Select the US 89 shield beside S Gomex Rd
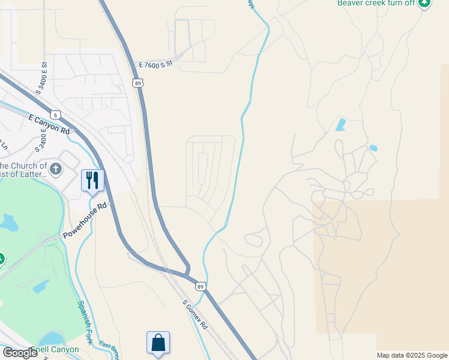(200, 287)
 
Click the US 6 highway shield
(56, 114)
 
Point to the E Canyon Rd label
(49, 124)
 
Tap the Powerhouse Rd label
(85, 220)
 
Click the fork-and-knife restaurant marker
(92, 180)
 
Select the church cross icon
(56, 169)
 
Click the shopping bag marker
(158, 343)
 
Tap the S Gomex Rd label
(194, 315)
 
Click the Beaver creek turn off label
(376, 3)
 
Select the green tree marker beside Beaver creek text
(424, 3)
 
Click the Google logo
(20, 353)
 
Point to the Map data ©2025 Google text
(412, 355)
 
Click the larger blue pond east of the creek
(341, 125)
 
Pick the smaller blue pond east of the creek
(373, 148)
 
